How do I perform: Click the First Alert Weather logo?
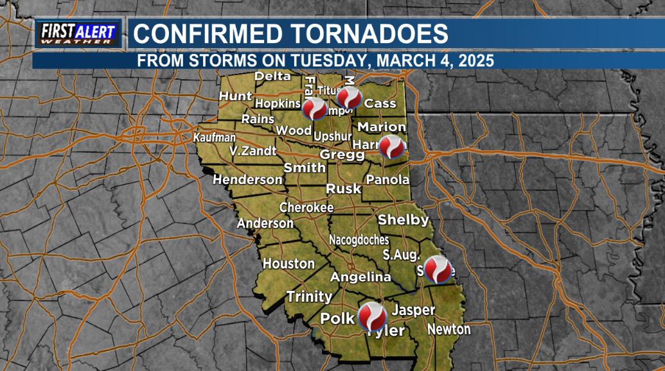pos(78,33)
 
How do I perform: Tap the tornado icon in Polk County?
pos(371,316)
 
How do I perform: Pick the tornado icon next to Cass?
pos(350,98)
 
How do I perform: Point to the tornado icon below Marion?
pos(392,147)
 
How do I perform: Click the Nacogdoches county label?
pos(359,239)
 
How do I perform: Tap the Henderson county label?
pos(247,180)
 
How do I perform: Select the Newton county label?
pos(448,330)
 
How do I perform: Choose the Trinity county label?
pos(309,297)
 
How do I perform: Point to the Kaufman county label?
pos(215,138)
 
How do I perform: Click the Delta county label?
pos(272,76)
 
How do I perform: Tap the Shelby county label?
pos(403,220)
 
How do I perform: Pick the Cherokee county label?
pos(306,207)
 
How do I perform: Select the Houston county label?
pos(288,264)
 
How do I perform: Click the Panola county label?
pos(387,180)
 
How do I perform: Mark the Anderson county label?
pos(265,223)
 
